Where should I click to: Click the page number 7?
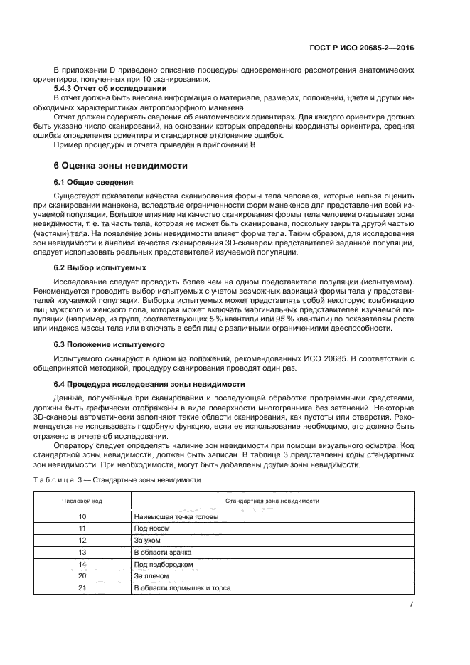click(x=411, y=605)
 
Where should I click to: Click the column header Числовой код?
click(x=82, y=501)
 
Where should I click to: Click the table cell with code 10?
click(x=82, y=516)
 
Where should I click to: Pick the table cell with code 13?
click(x=82, y=552)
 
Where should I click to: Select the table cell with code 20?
click(x=82, y=575)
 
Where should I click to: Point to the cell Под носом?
click(x=151, y=528)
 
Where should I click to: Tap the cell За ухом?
click(x=147, y=541)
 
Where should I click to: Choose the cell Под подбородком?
click(x=164, y=564)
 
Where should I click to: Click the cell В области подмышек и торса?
click(x=181, y=587)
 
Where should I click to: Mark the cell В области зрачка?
click(x=162, y=552)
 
